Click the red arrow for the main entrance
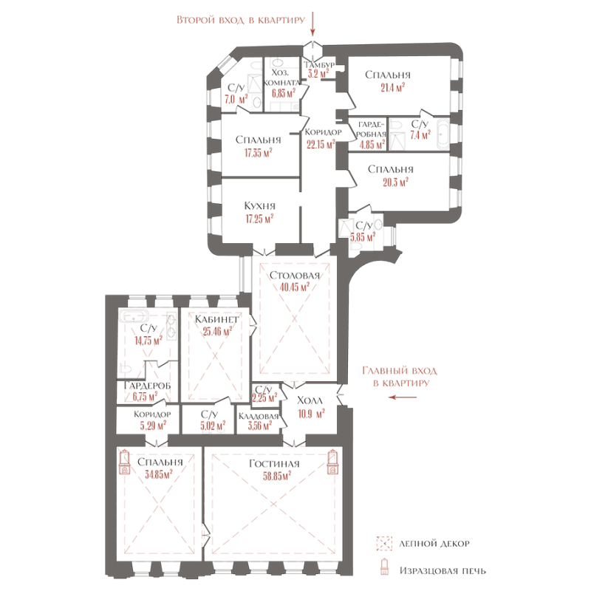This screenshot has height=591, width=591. pyautogui.click(x=403, y=397)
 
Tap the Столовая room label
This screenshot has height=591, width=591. pyautogui.click(x=295, y=276)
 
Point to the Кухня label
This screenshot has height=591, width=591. pyautogui.click(x=259, y=206)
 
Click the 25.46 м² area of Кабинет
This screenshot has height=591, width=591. pyautogui.click(x=215, y=331)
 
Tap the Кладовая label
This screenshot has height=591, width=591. pyautogui.click(x=258, y=416)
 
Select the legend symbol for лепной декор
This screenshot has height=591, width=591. pyautogui.click(x=383, y=544)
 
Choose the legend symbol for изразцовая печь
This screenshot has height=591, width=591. pyautogui.click(x=383, y=570)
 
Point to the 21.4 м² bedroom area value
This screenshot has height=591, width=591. pyautogui.click(x=392, y=88)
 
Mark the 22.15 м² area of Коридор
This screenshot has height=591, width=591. pyautogui.click(x=321, y=145)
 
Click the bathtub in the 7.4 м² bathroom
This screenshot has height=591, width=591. pyautogui.click(x=442, y=136)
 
